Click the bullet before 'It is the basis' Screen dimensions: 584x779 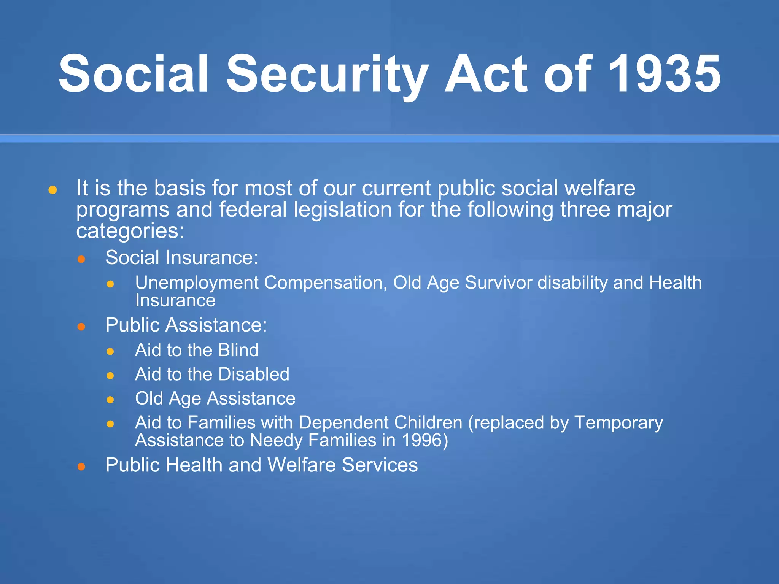click(x=53, y=190)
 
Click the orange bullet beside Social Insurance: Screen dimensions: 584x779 click(x=81, y=259)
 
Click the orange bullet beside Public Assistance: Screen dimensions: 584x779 click(x=81, y=327)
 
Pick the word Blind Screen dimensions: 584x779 click(x=238, y=350)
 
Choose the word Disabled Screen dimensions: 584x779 click(x=254, y=375)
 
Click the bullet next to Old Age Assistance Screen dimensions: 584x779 click(x=110, y=400)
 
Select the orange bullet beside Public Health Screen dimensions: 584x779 click(x=81, y=467)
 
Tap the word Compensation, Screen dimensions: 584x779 click(x=326, y=283)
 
